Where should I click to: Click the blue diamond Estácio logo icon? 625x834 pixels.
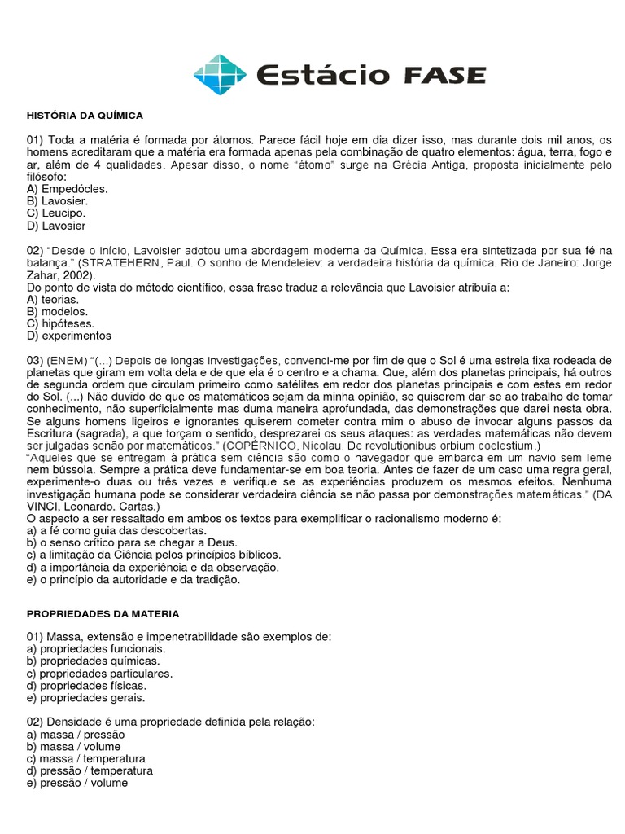(x=219, y=75)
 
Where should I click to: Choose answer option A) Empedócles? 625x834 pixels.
(x=67, y=188)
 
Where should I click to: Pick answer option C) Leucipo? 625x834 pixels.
(x=55, y=213)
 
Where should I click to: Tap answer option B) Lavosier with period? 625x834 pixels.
(x=57, y=200)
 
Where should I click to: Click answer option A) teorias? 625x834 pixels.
(x=53, y=299)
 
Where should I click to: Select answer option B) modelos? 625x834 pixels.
(x=57, y=311)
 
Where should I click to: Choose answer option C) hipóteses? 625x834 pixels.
(x=59, y=323)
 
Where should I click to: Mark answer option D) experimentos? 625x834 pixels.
(x=69, y=336)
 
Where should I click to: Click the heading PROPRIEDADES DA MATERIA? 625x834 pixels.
(x=103, y=613)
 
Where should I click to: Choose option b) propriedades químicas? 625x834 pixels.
(x=93, y=661)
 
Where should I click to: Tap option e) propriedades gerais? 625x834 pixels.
(x=85, y=698)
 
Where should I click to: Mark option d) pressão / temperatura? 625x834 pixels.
(x=90, y=770)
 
